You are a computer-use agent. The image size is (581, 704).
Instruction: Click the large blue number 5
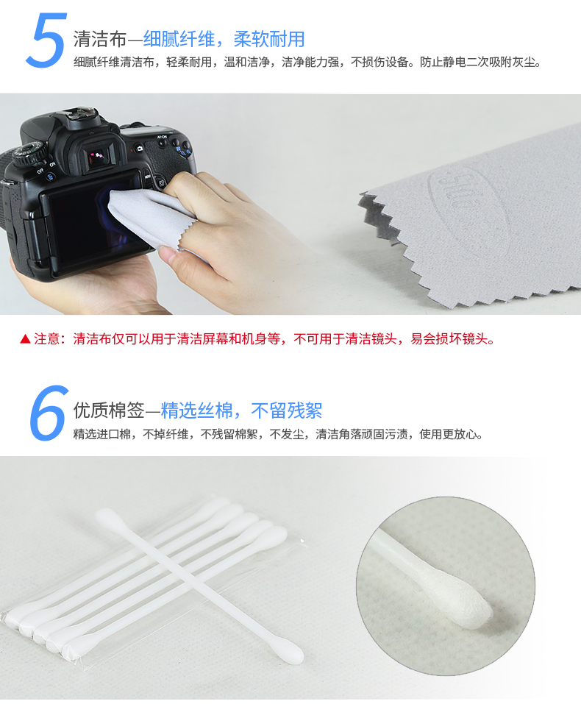pos(46,40)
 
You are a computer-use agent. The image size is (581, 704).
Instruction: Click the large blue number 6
pos(49,413)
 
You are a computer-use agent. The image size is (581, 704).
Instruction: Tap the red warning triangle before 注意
pos(25,339)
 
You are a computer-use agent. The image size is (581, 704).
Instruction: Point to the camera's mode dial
pos(31,153)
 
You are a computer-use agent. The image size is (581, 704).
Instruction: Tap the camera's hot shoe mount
pos(81,113)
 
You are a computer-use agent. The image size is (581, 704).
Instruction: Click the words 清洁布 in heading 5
pos(100,39)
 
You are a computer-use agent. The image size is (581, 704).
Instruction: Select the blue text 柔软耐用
pos(269,39)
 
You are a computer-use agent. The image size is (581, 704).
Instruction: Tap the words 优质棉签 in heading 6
pos(109,410)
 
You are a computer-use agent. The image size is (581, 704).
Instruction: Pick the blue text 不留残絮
pos(287,410)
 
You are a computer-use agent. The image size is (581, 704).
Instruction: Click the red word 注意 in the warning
pos(46,339)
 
